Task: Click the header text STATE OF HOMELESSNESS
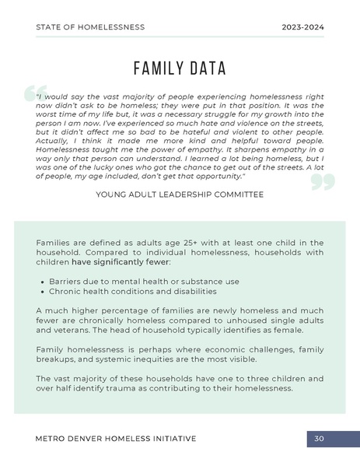[90, 27]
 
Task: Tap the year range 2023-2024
[302, 27]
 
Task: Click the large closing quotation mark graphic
[322, 181]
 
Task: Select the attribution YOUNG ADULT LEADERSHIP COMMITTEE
[180, 194]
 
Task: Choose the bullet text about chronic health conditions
[133, 291]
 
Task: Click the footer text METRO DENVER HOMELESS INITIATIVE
[116, 439]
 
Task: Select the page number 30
[319, 439]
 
